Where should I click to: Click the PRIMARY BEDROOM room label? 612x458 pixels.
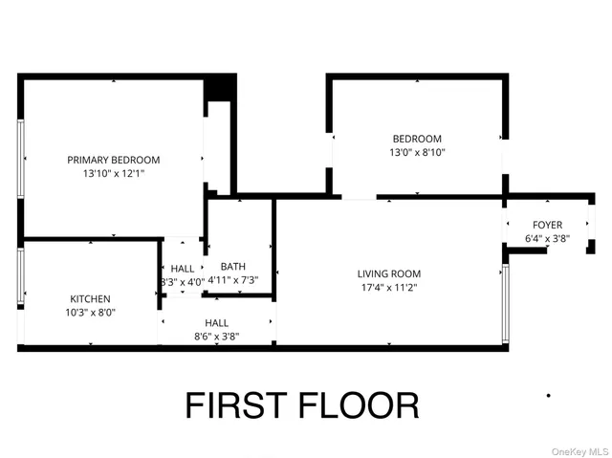tap(113, 160)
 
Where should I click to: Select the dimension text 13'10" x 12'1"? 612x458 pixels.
tap(113, 174)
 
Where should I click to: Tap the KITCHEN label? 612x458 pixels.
tap(90, 298)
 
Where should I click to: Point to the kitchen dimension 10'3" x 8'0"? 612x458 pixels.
tap(90, 313)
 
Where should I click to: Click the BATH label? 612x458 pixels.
tap(232, 267)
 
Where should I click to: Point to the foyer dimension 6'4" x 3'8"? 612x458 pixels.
tap(547, 239)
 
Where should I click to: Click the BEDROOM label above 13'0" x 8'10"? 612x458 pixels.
tap(417, 138)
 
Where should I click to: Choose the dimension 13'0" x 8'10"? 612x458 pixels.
tap(417, 152)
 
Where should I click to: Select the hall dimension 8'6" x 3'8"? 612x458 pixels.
tap(216, 337)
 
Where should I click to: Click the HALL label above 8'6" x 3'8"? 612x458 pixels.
tap(216, 323)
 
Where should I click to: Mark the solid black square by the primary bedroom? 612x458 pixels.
tap(221, 87)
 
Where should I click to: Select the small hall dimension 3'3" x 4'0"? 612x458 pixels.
tap(183, 282)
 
